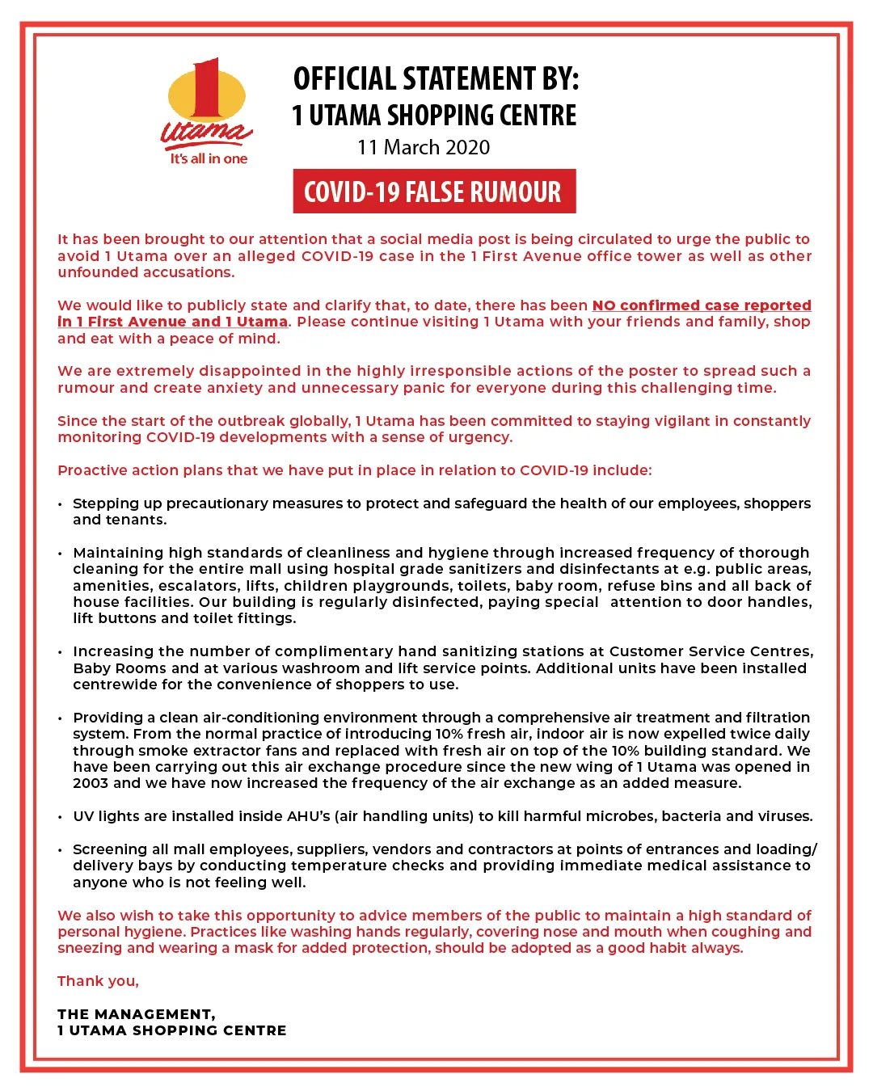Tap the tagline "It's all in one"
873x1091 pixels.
coord(209,159)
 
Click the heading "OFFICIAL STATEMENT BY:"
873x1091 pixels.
coord(436,79)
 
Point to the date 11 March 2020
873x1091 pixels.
coord(424,147)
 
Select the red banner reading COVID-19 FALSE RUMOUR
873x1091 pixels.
coord(434,192)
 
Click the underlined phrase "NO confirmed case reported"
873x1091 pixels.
coord(702,305)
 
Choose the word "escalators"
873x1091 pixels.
coord(196,586)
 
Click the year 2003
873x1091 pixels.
coord(91,783)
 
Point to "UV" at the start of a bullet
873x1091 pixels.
coord(83,816)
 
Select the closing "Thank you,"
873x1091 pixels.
coord(98,981)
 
